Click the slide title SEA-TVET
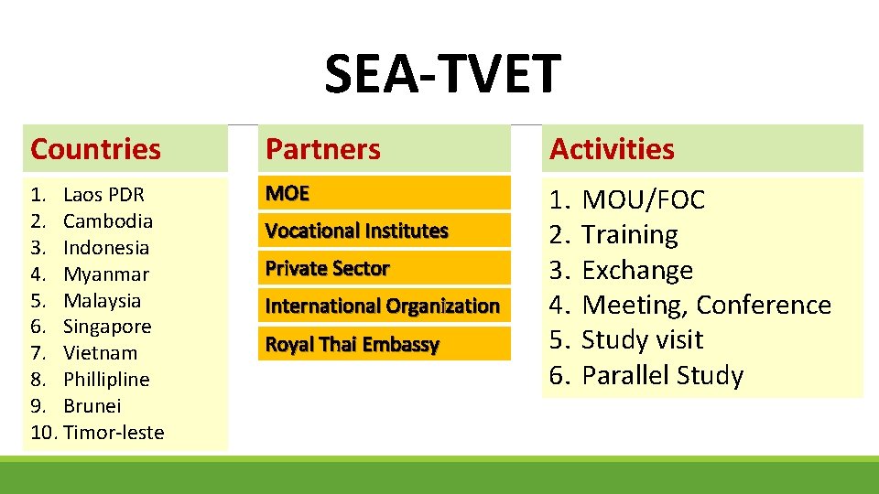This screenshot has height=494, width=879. click(441, 75)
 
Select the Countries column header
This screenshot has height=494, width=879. click(95, 149)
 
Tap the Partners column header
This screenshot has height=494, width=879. click(323, 149)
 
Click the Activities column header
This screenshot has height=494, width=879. click(612, 149)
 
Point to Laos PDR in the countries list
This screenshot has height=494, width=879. click(103, 195)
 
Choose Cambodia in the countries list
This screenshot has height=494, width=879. click(108, 221)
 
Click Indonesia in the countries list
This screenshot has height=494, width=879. click(106, 248)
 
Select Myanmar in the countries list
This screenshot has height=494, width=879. click(106, 274)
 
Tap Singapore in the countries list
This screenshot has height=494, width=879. click(107, 327)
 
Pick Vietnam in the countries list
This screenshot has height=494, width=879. click(101, 353)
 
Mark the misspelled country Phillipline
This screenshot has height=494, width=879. click(106, 380)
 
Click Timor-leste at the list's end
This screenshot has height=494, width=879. click(114, 433)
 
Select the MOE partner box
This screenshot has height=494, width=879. click(384, 194)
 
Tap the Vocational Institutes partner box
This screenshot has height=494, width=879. click(384, 231)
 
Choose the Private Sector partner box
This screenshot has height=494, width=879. click(384, 269)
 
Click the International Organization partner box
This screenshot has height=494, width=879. click(384, 306)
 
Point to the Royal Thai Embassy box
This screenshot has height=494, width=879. click(384, 345)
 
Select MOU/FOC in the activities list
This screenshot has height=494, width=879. click(643, 200)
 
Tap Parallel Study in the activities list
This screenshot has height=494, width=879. click(662, 376)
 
